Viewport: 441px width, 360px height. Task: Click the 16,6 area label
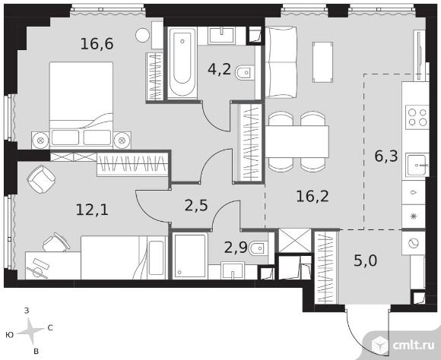click(97, 44)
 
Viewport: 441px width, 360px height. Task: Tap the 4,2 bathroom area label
click(220, 69)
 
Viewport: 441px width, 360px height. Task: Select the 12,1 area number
click(92, 210)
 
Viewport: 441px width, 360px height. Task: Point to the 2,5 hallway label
click(196, 205)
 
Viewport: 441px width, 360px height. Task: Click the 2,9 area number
click(236, 248)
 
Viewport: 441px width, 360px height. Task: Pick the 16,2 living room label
click(313, 196)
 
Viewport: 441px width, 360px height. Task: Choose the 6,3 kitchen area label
click(386, 156)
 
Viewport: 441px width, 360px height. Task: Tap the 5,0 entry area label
click(365, 261)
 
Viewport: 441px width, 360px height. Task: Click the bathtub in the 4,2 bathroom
click(182, 62)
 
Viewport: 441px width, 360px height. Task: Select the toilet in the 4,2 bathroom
click(245, 73)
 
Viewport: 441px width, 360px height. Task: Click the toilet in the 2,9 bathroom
click(259, 248)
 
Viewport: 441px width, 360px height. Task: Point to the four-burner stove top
click(417, 117)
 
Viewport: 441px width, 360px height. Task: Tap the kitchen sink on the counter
click(417, 166)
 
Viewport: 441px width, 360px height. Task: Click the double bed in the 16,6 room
click(81, 105)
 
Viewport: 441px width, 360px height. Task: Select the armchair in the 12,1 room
click(41, 179)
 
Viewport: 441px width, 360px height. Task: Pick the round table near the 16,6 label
click(142, 35)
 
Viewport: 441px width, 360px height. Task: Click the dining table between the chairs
click(297, 141)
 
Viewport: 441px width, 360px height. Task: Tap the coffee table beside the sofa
click(322, 62)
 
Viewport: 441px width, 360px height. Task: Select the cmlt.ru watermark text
click(414, 346)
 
